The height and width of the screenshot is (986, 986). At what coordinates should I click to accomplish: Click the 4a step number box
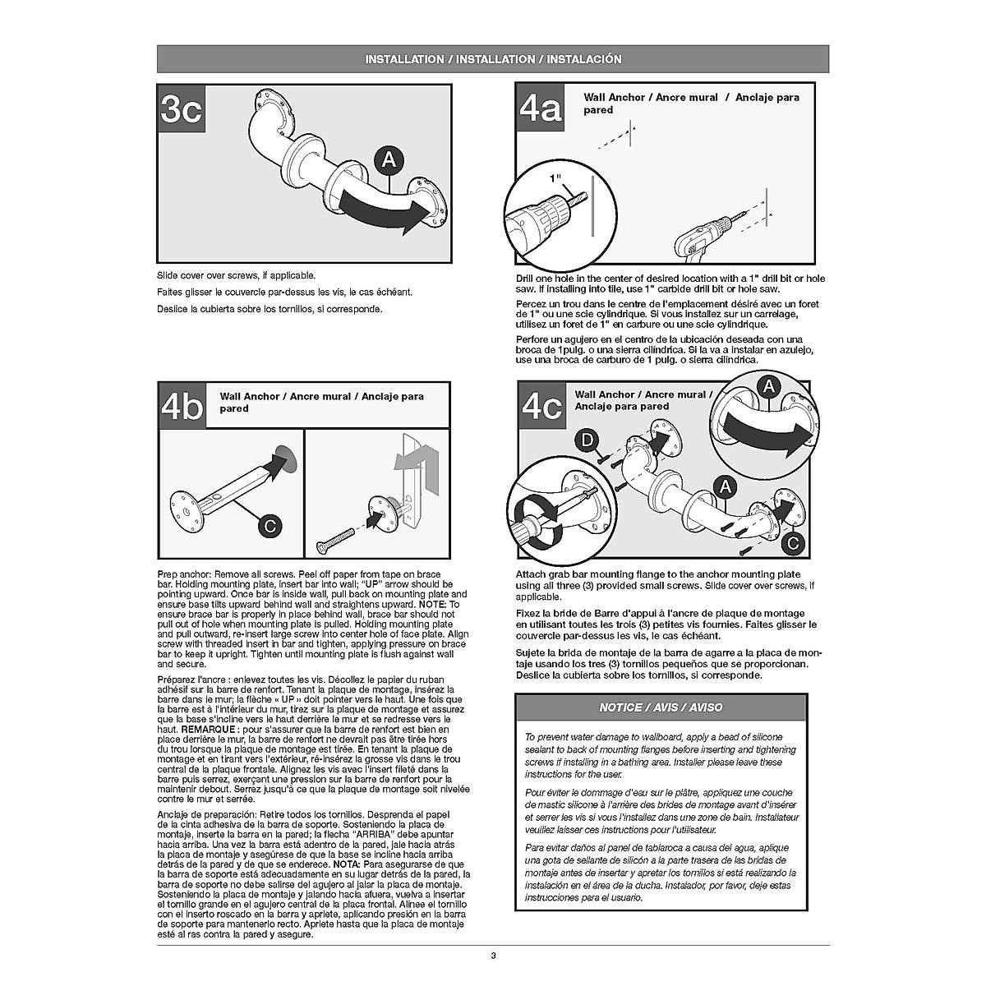[541, 108]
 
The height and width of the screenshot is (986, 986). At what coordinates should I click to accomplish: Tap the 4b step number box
[182, 407]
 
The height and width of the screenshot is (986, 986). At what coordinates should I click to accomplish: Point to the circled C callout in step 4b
[270, 524]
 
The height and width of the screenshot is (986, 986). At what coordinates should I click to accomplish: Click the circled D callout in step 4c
[586, 441]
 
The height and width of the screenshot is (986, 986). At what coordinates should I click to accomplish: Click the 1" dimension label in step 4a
[555, 177]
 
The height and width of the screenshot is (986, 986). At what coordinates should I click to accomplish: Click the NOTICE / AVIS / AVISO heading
[661, 707]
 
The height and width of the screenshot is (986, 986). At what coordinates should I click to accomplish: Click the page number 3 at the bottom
[493, 955]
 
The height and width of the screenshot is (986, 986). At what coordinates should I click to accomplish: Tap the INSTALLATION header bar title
[493, 59]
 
